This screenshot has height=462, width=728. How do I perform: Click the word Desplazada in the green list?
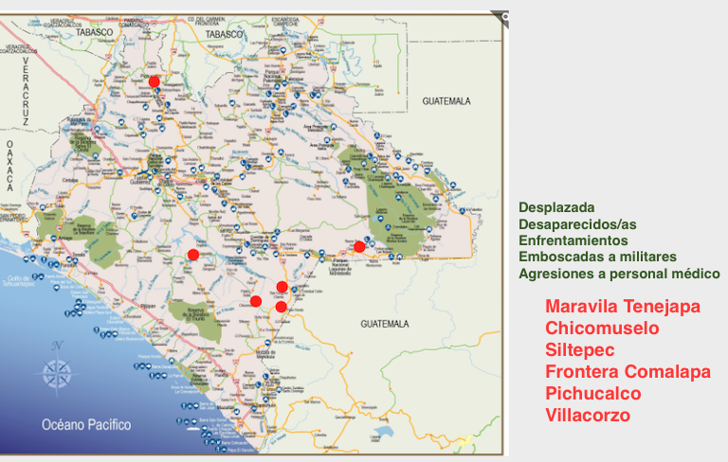pyautogui.click(x=557, y=206)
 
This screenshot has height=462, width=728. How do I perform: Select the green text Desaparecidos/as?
pyautogui.click(x=578, y=223)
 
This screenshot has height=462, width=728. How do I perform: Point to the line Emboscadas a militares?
pyautogui.click(x=597, y=258)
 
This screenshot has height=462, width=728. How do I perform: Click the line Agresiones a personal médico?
pyautogui.click(x=619, y=275)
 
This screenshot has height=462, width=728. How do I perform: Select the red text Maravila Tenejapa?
pyautogui.click(x=623, y=308)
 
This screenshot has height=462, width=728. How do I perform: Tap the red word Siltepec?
pyautogui.click(x=579, y=350)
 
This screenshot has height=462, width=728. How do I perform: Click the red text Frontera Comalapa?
pyautogui.click(x=628, y=372)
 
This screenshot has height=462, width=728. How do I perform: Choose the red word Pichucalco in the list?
pyautogui.click(x=593, y=393)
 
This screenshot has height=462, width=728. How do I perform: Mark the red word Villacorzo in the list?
pyautogui.click(x=588, y=415)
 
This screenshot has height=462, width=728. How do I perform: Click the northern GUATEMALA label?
pyautogui.click(x=446, y=99)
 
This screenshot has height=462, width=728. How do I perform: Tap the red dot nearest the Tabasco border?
pyautogui.click(x=155, y=81)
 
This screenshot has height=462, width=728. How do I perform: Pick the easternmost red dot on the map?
pyautogui.click(x=359, y=247)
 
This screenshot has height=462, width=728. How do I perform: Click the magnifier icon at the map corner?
pyautogui.click(x=503, y=16)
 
